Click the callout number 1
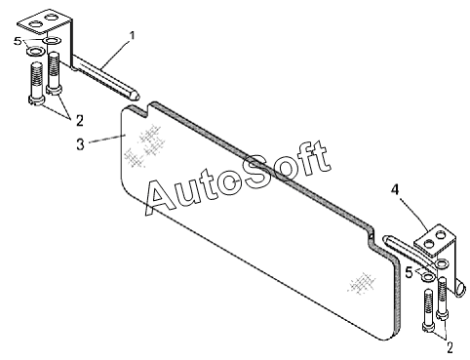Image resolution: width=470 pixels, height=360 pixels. tap(132, 36)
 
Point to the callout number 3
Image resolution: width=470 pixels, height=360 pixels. tap(81, 144)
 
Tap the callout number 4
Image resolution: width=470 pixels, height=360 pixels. tap(394, 189)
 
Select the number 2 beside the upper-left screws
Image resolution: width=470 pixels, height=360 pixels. tap(80, 121)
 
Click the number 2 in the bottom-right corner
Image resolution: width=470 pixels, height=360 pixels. tap(450, 348)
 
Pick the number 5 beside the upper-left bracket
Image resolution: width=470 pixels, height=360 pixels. tap(18, 42)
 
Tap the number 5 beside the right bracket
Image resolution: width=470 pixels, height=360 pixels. tap(409, 272)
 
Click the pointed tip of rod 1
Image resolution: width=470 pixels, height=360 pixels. tap(139, 97)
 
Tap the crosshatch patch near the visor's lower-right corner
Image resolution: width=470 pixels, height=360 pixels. tap(362, 283)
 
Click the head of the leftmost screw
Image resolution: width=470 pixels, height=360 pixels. tap(35, 100)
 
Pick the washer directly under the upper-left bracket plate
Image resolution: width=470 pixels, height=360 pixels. tap(52, 41)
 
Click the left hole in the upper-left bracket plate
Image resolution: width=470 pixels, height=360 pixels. tap(35, 23)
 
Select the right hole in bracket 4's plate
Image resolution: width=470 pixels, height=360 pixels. tap(441, 234)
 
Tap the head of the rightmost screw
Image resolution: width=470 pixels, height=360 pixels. tap(442, 314)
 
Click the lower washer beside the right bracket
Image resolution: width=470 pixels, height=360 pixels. tap(428, 277)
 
